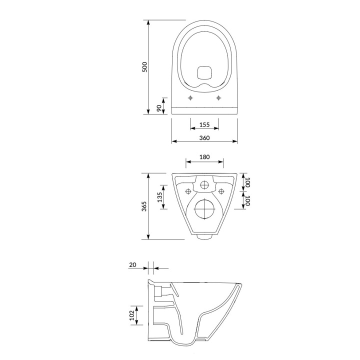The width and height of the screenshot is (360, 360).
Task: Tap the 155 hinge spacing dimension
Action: click(204, 124)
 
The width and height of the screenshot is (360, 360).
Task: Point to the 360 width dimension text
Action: click(204, 137)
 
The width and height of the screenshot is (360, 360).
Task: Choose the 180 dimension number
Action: click(204, 157)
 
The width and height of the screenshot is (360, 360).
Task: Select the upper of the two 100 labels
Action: click(247, 181)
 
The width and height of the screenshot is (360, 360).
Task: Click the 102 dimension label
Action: click(131, 314)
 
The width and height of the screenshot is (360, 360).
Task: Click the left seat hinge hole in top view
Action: click(190, 98)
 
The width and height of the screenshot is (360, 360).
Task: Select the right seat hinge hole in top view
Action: click(218, 98)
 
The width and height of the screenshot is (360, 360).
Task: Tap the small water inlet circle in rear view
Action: click(204, 185)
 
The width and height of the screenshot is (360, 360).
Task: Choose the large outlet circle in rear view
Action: click(204, 209)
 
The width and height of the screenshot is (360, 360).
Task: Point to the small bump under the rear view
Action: click(204, 236)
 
